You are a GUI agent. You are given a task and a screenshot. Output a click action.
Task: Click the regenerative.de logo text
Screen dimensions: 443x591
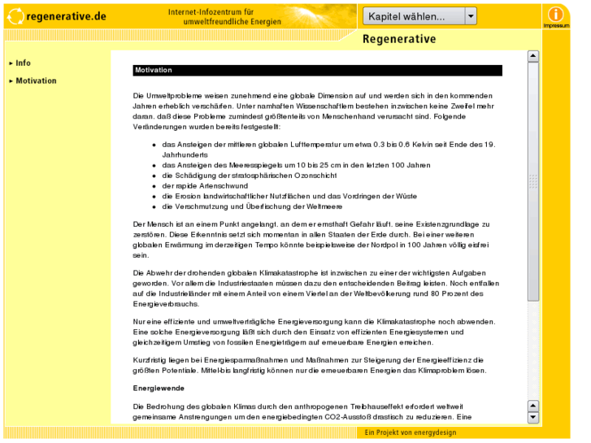(x=66, y=16)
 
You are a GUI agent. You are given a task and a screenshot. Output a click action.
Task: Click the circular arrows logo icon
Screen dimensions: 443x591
(x=15, y=15)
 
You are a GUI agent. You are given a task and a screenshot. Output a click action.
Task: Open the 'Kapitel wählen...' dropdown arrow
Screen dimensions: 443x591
(x=471, y=16)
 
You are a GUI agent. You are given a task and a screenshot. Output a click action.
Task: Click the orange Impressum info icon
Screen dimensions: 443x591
(x=556, y=15)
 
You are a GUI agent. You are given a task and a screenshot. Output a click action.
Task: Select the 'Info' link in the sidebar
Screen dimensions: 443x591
(x=23, y=63)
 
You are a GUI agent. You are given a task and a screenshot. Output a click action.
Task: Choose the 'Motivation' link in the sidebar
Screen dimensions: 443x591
(x=36, y=81)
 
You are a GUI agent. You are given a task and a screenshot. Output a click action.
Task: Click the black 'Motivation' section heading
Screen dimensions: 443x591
(x=154, y=71)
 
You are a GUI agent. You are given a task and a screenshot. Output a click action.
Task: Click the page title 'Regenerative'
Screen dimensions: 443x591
(x=399, y=40)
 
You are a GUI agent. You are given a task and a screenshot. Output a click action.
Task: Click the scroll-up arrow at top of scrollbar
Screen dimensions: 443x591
(x=533, y=57)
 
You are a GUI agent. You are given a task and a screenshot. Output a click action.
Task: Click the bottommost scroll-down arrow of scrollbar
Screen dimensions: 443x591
(x=533, y=417)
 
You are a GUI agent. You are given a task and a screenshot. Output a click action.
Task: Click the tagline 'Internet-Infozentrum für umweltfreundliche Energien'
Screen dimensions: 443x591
(x=211, y=17)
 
